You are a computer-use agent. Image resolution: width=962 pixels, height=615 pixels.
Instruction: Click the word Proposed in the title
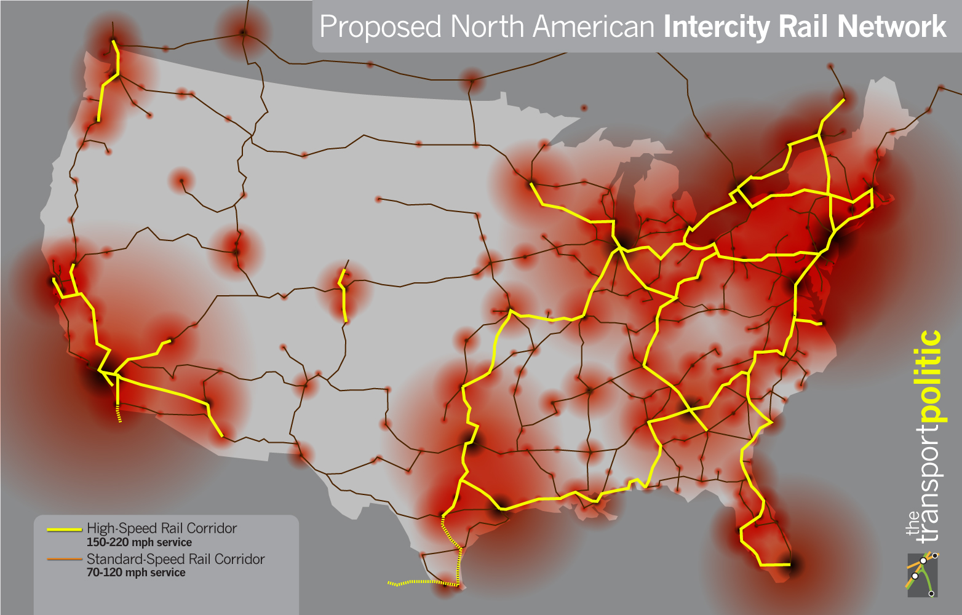(x=380, y=28)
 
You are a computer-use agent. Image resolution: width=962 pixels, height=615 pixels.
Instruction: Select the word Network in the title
(x=892, y=27)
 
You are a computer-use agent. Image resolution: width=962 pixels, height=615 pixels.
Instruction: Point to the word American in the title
(x=594, y=27)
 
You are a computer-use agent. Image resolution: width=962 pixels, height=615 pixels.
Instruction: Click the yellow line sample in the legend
(x=64, y=529)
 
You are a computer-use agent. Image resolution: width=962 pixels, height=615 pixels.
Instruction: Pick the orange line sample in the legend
(x=64, y=559)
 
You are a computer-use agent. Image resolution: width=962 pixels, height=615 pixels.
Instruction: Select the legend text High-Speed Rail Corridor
(x=162, y=528)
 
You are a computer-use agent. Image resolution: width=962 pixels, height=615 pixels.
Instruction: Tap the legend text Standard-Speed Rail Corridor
(x=175, y=559)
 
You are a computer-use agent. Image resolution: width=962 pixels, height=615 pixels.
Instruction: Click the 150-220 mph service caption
(x=139, y=542)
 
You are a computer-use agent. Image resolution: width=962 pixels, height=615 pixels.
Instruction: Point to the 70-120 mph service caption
(x=136, y=573)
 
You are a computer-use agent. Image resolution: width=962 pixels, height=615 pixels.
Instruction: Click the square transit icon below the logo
(x=922, y=574)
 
